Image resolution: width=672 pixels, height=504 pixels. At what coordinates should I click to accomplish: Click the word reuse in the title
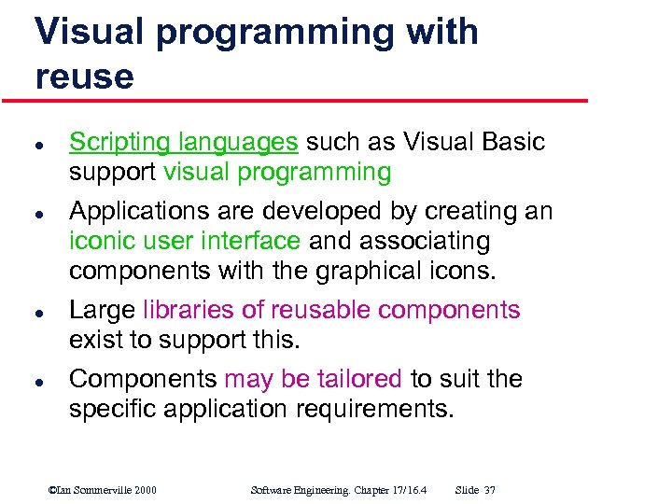click(x=84, y=77)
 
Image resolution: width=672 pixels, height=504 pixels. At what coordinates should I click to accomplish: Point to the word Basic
click(x=511, y=142)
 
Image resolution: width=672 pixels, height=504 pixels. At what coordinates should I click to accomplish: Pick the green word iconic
click(x=100, y=241)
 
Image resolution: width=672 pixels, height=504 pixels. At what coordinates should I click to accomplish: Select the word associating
click(x=425, y=241)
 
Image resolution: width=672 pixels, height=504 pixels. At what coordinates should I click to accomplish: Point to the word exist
click(x=95, y=340)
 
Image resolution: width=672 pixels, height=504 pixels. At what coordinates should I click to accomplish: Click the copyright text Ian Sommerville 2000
click(x=102, y=490)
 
